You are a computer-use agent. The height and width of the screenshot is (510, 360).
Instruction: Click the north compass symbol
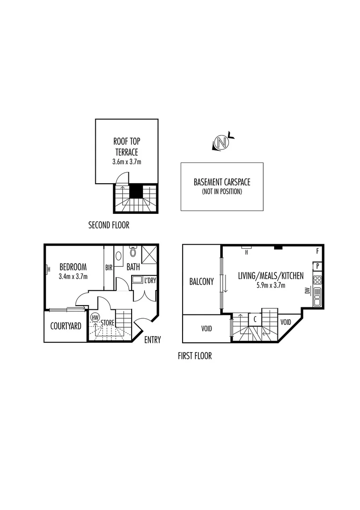coord(222,142)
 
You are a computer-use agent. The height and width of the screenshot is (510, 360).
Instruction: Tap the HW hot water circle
coord(95,317)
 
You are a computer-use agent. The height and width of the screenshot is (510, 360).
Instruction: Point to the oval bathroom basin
coord(118,256)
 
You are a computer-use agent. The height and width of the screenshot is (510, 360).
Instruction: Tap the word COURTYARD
coord(66,326)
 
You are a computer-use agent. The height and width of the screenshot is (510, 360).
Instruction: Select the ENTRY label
coord(152,340)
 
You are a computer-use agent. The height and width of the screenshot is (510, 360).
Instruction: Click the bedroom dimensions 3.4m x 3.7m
coord(73,276)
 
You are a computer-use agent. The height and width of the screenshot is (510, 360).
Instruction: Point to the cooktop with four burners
coord(318,280)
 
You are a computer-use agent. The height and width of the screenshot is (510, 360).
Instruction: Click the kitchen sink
coord(318,297)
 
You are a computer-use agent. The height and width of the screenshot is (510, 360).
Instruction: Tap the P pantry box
coord(318,266)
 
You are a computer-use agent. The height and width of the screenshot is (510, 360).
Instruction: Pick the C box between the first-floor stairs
coord(255,319)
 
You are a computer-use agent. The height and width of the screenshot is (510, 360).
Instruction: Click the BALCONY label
coord(201,281)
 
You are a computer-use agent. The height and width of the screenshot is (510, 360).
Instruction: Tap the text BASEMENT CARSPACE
coord(222,182)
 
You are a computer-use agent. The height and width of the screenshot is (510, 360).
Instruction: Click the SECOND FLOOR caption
coord(109,225)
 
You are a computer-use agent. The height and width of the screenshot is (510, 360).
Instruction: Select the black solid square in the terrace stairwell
coord(136,191)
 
